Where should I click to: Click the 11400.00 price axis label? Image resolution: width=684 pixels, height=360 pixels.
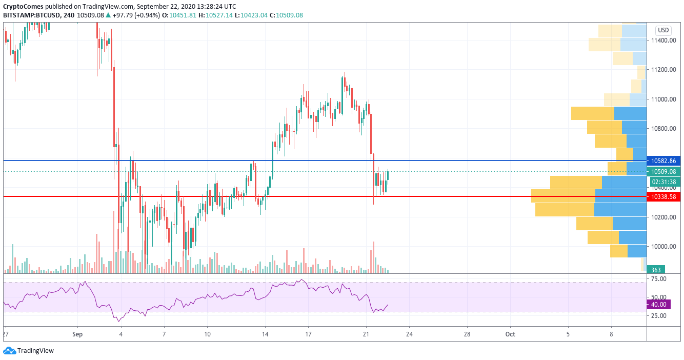click(x=663, y=40)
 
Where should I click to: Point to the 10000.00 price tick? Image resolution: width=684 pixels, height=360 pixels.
click(x=663, y=247)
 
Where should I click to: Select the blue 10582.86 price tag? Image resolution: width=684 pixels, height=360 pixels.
click(x=663, y=161)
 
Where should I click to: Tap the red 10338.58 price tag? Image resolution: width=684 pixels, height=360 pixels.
click(x=663, y=196)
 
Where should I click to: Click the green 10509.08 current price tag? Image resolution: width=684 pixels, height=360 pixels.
click(x=663, y=172)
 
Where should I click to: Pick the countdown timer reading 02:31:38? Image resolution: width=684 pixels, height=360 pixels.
click(x=663, y=182)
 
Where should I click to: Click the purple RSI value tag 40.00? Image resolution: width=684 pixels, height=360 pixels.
click(x=659, y=305)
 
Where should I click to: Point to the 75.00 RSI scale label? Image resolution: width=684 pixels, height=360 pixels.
click(x=658, y=279)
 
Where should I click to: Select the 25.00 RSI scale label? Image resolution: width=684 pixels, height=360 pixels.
click(x=658, y=315)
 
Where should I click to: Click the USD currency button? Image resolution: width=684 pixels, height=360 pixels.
click(x=663, y=30)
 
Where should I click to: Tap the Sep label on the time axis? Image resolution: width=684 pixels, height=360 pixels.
click(x=78, y=334)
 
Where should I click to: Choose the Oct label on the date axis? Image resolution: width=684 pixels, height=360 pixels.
click(x=510, y=334)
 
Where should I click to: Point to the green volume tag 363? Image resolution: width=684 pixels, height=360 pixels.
click(x=656, y=270)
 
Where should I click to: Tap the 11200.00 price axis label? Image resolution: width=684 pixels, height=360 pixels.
click(x=663, y=70)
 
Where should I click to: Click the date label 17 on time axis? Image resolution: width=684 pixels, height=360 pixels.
click(x=308, y=334)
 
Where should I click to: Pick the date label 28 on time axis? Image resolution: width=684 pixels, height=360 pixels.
click(x=467, y=334)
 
